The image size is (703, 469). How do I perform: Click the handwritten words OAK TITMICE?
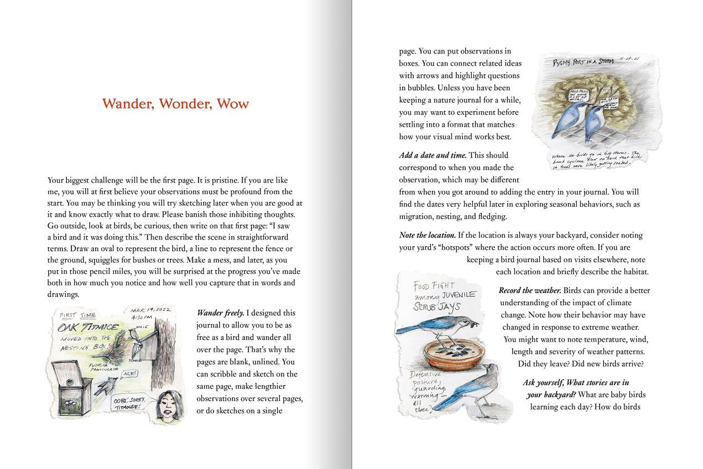[x=88, y=327]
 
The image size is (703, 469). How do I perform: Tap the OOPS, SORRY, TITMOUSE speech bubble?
[x=129, y=403]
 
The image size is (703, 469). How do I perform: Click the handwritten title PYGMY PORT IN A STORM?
[x=582, y=62]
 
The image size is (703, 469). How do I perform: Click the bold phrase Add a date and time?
[x=433, y=155]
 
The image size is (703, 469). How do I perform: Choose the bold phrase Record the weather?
[x=530, y=291]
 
